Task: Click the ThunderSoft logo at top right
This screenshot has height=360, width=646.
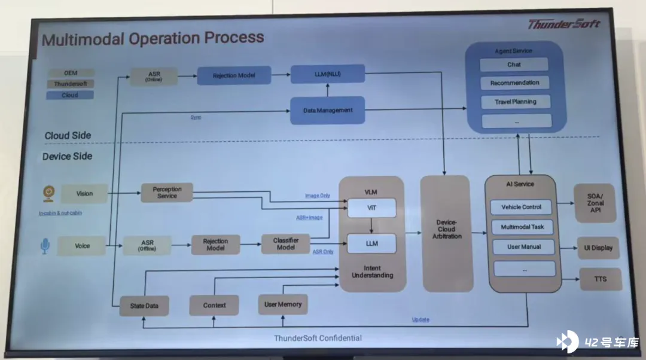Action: tap(563, 25)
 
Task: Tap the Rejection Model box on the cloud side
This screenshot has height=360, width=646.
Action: tap(233, 75)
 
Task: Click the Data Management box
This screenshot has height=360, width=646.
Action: tap(327, 110)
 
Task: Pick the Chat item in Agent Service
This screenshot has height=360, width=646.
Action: tap(514, 65)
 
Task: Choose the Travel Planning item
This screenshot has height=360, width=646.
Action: tap(515, 102)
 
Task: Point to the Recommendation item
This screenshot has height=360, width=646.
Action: tap(514, 83)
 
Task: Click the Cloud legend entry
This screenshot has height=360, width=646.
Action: tap(70, 95)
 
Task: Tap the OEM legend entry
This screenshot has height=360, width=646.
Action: tap(71, 73)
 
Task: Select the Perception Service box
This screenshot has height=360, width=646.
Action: tap(167, 193)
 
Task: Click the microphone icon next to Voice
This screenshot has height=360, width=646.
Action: tap(45, 246)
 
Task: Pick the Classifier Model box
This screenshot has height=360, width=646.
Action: tap(286, 243)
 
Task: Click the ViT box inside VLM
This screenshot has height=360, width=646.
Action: tap(371, 208)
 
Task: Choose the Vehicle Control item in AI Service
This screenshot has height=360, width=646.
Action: tap(521, 207)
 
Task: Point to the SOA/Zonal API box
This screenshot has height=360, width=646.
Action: tap(595, 203)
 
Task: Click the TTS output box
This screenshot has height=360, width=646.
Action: tap(599, 279)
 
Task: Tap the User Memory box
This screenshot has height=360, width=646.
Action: tap(283, 304)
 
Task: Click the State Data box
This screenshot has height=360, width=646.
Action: tap(144, 306)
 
